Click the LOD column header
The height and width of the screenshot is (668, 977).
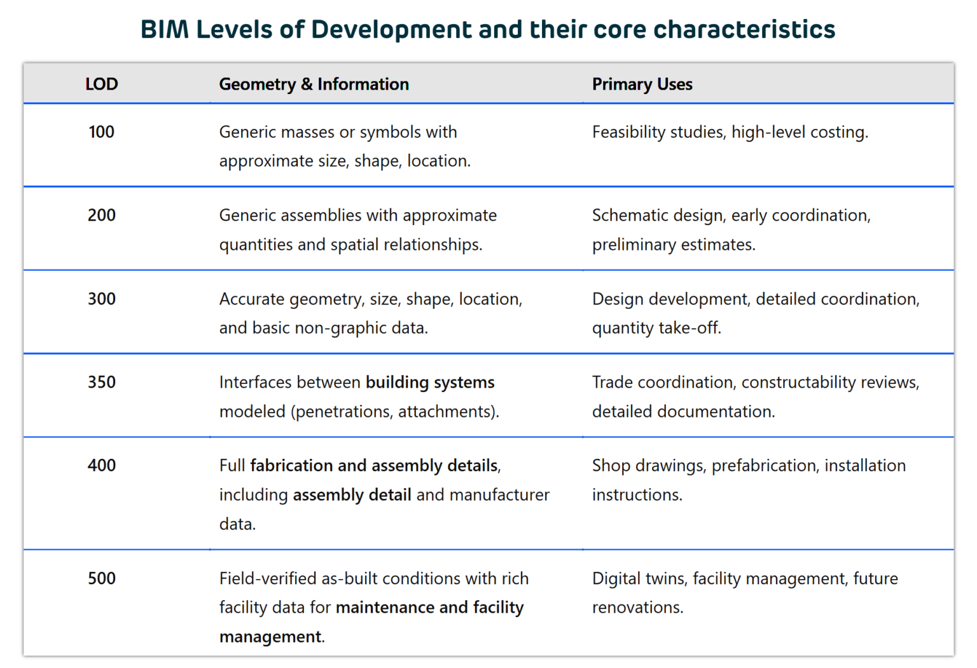pos(102,84)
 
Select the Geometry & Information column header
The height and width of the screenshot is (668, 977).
pos(314,84)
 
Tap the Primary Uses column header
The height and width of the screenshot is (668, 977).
pos(642,84)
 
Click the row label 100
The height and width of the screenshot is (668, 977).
pos(101,132)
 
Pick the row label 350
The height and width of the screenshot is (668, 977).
pos(101,382)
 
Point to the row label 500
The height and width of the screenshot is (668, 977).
pos(101,578)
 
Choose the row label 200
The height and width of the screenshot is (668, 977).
pos(101,215)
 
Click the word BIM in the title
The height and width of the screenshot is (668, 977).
pos(164,30)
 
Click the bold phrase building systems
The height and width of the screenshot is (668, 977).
pos(430,382)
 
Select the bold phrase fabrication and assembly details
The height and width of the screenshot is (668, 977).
pos(374,466)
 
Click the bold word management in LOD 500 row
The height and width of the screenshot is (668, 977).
pos(270,637)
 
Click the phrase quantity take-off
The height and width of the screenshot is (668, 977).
pos(656,328)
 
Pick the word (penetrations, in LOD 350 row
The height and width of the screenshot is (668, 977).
pos(342,412)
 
